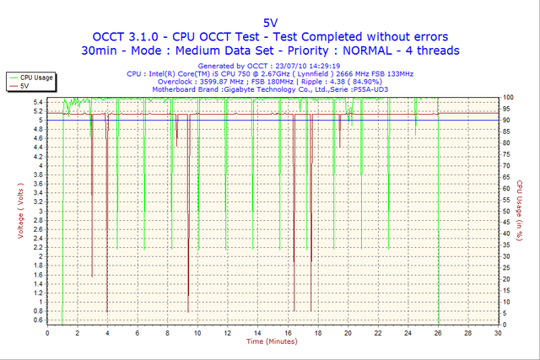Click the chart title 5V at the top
[x=270, y=22]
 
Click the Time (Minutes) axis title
[x=273, y=341]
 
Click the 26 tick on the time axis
[x=438, y=333]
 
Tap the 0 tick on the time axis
[x=48, y=333]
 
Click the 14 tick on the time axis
[x=257, y=333]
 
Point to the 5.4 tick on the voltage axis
[x=39, y=102]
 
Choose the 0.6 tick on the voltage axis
[x=39, y=320]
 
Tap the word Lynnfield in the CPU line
[x=316, y=73]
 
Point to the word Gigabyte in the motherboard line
[x=245, y=88]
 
